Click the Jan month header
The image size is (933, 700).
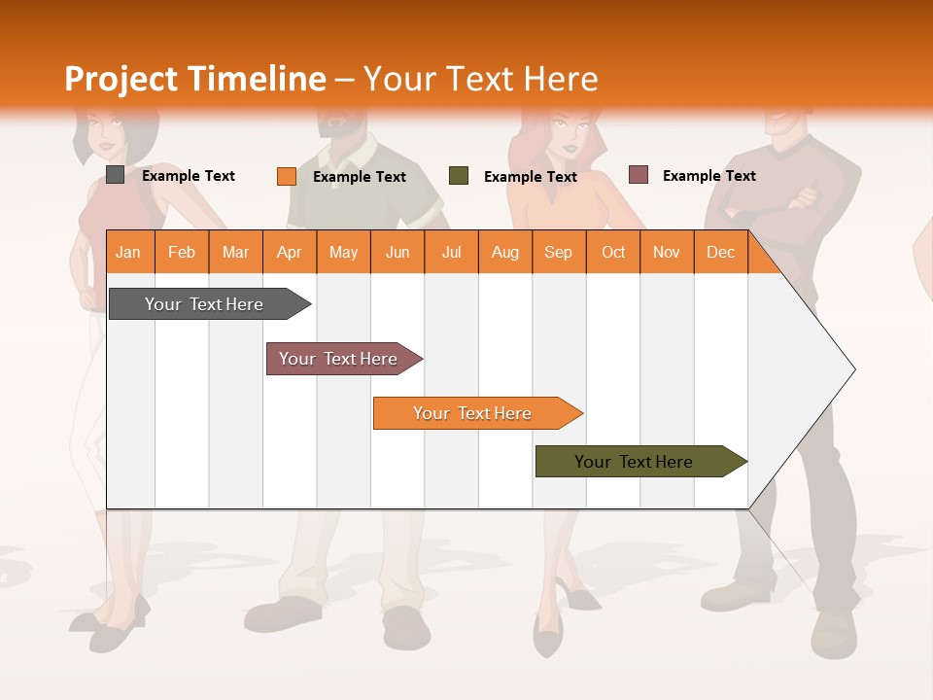tap(129, 252)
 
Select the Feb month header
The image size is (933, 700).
tap(182, 252)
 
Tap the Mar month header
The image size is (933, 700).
tap(235, 252)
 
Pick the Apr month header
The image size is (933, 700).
tap(290, 252)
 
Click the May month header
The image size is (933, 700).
tap(343, 252)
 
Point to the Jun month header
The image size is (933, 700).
tap(397, 252)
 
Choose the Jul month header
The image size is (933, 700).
tap(452, 252)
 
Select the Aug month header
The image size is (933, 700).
tap(505, 252)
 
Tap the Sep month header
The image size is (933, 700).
tap(559, 252)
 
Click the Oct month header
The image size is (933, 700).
tap(613, 252)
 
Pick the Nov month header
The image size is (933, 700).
tap(667, 252)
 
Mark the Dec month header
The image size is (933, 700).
tap(721, 252)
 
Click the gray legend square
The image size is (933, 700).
tap(116, 175)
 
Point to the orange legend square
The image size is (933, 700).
tap(287, 176)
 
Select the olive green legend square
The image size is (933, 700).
tap(459, 176)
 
